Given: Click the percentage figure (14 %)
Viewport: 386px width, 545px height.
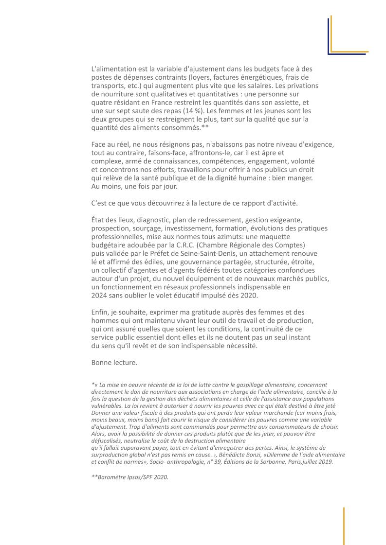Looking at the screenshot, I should [x=179, y=111].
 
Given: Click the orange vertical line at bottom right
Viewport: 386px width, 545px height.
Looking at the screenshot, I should [x=344, y=526].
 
